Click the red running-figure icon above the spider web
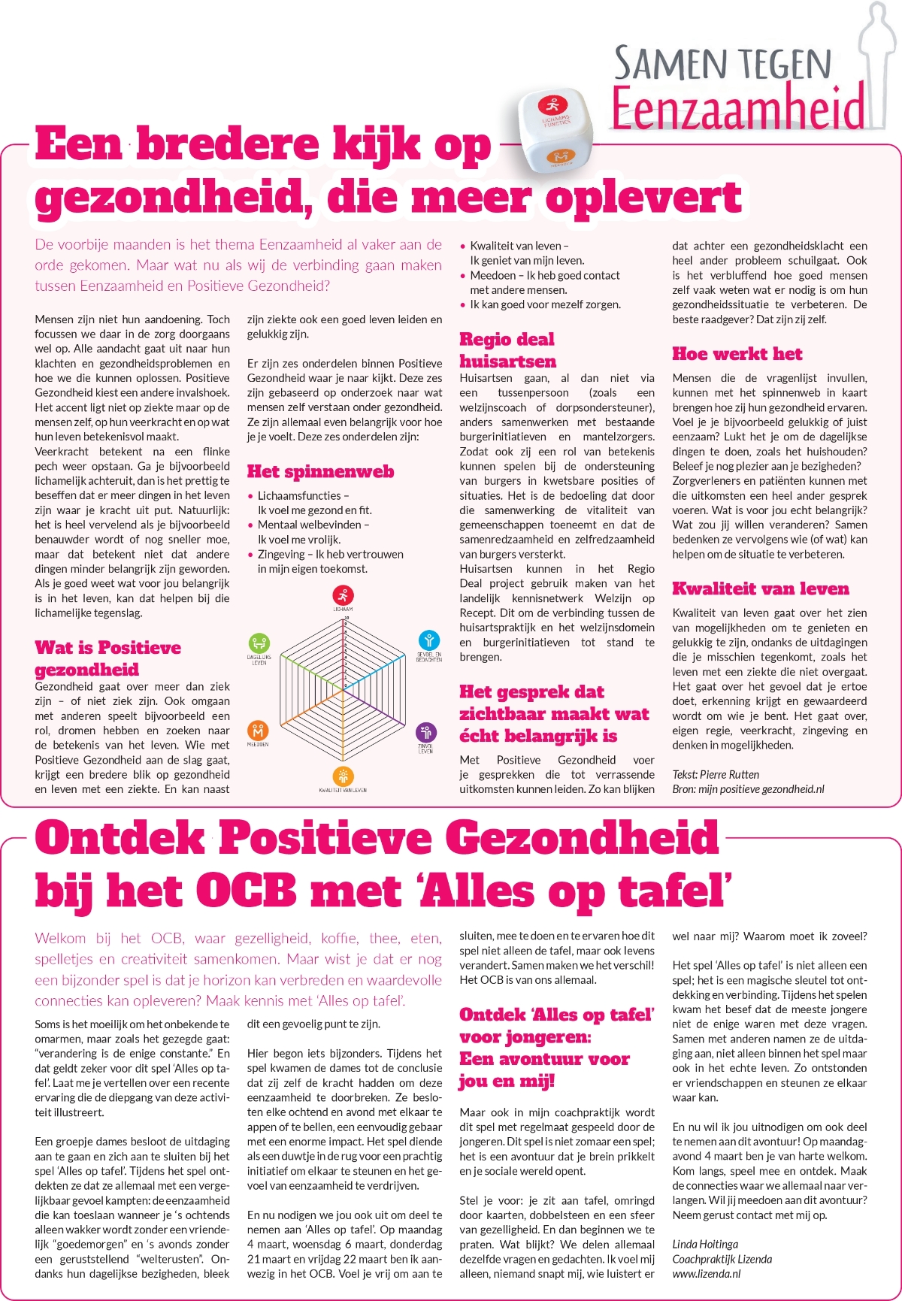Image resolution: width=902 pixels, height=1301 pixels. tap(343, 595)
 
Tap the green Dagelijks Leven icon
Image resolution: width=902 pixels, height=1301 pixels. tap(259, 643)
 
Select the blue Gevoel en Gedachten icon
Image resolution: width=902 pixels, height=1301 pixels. tap(428, 640)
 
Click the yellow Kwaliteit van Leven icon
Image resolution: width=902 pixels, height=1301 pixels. tap(343, 776)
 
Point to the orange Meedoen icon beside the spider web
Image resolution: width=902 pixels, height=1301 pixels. tap(258, 731)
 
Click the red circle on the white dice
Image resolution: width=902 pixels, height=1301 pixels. tap(554, 104)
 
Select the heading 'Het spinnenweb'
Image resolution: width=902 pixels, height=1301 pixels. tap(320, 472)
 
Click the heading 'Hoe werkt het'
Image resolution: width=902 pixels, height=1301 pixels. tap(737, 354)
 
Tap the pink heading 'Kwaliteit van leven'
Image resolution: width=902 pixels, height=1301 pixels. tap(760, 589)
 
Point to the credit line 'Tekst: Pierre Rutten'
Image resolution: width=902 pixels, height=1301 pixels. tap(716, 775)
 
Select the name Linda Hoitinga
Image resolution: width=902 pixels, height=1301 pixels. tap(705, 1245)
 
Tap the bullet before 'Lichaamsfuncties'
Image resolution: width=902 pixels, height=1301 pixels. tap(250, 496)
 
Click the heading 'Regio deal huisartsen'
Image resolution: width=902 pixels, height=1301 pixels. tap(507, 350)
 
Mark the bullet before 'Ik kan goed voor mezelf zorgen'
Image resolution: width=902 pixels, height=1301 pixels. tap(463, 305)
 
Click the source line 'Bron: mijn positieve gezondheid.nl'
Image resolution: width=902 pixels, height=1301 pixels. tap(748, 789)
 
